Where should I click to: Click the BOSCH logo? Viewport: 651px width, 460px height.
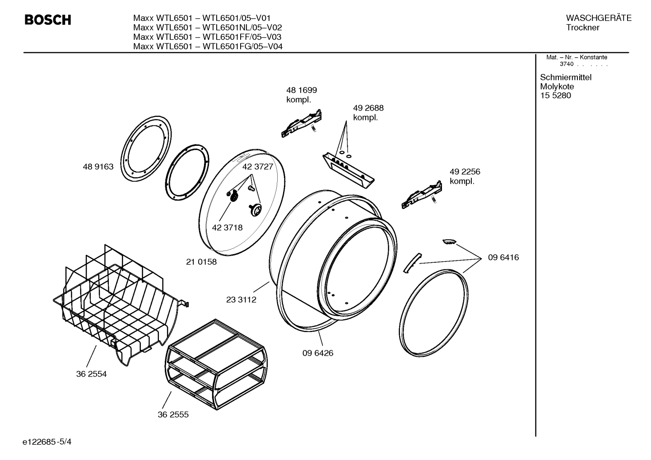[x=47, y=20]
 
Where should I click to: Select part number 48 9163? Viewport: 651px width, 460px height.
[x=98, y=167]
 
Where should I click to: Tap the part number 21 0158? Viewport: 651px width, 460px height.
[x=201, y=262]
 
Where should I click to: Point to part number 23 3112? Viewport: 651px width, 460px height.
[x=241, y=300]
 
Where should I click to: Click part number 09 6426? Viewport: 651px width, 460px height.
[x=318, y=353]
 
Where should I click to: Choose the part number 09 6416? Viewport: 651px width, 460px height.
[x=503, y=257]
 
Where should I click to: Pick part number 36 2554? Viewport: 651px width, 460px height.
[x=91, y=374]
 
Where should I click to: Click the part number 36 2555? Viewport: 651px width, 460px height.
[x=173, y=414]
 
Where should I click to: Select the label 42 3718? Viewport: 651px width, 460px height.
[x=227, y=228]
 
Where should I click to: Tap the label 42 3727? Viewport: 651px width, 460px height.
[x=258, y=167]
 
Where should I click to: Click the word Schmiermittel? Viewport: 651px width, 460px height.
[x=566, y=77]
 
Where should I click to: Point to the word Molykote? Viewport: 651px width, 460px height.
[x=557, y=86]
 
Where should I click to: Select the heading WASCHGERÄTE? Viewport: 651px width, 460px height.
[x=599, y=18]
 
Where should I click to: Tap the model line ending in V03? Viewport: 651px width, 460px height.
[x=207, y=37]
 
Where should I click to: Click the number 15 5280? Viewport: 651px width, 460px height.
[x=555, y=95]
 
